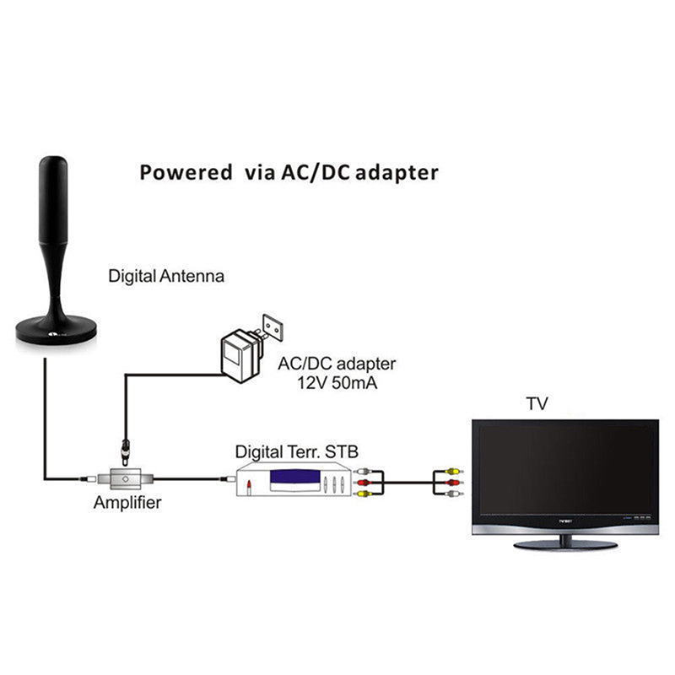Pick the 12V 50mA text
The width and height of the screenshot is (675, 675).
tap(336, 384)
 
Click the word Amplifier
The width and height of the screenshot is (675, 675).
tap(127, 504)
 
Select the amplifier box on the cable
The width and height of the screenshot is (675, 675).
tap(126, 478)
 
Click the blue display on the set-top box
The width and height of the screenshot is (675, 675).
tap(295, 483)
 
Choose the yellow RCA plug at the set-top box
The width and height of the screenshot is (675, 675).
tap(364, 494)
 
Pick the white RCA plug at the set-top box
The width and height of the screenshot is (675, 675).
tap(364, 472)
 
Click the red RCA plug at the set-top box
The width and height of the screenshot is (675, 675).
tap(364, 483)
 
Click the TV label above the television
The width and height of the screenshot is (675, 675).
tap(537, 404)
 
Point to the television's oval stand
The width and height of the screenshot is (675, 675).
tap(565, 544)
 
